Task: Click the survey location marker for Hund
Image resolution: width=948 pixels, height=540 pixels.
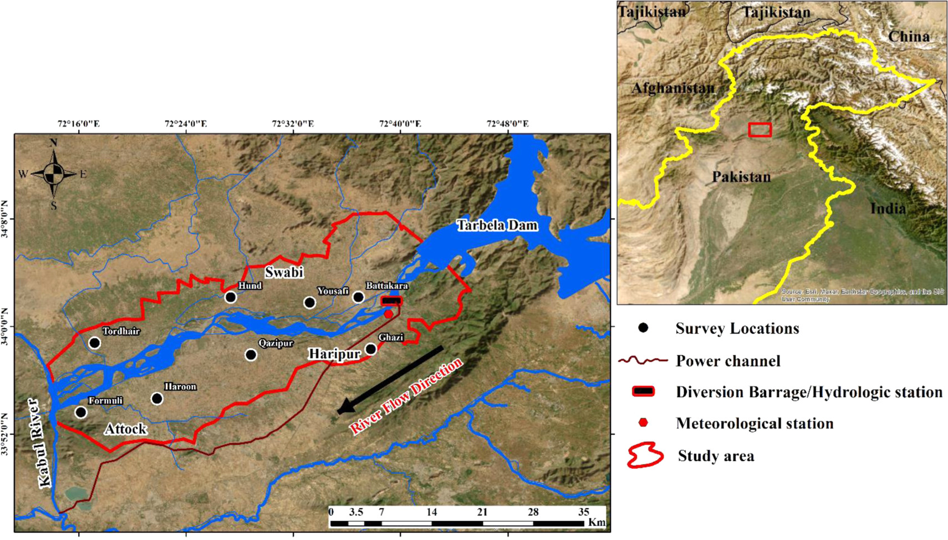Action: [x=231, y=298]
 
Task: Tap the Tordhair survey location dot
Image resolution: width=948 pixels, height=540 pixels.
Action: [x=94, y=343]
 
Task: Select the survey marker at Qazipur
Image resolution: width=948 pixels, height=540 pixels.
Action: [x=251, y=355]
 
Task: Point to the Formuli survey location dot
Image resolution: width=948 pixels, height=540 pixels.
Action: [x=81, y=412]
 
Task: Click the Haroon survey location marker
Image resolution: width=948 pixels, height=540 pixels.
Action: [x=157, y=399]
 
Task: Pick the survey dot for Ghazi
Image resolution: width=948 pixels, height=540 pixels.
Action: [x=371, y=349]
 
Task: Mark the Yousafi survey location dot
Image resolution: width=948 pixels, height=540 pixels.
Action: [x=309, y=303]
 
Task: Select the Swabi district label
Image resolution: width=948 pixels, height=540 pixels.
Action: [x=283, y=272]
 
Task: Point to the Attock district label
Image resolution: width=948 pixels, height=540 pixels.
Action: [x=125, y=429]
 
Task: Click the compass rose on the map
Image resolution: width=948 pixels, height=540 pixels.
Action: [x=54, y=174]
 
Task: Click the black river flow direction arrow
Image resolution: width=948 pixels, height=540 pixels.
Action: [x=390, y=380]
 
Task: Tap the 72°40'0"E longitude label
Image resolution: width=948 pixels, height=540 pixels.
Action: [x=400, y=124]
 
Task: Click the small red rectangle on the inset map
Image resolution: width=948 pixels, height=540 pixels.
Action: [x=760, y=130]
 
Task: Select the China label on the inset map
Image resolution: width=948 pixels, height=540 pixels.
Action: [x=909, y=37]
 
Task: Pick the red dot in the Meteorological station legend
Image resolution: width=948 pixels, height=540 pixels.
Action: [x=643, y=423]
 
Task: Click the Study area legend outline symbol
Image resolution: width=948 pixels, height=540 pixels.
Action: [x=645, y=456]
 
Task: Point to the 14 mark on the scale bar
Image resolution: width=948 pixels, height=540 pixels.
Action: [x=432, y=512]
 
